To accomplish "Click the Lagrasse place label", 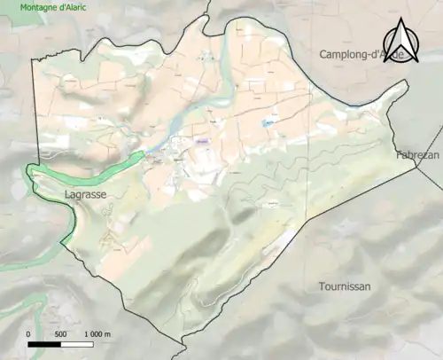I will click(86, 192).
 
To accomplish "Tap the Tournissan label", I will click(345, 286).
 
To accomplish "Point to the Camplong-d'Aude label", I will click(362, 55).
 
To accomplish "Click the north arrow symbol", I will click(400, 42).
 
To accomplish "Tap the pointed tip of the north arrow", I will click(400, 20).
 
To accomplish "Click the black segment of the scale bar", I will click(43, 344).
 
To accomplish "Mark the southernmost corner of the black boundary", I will click(184, 338).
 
